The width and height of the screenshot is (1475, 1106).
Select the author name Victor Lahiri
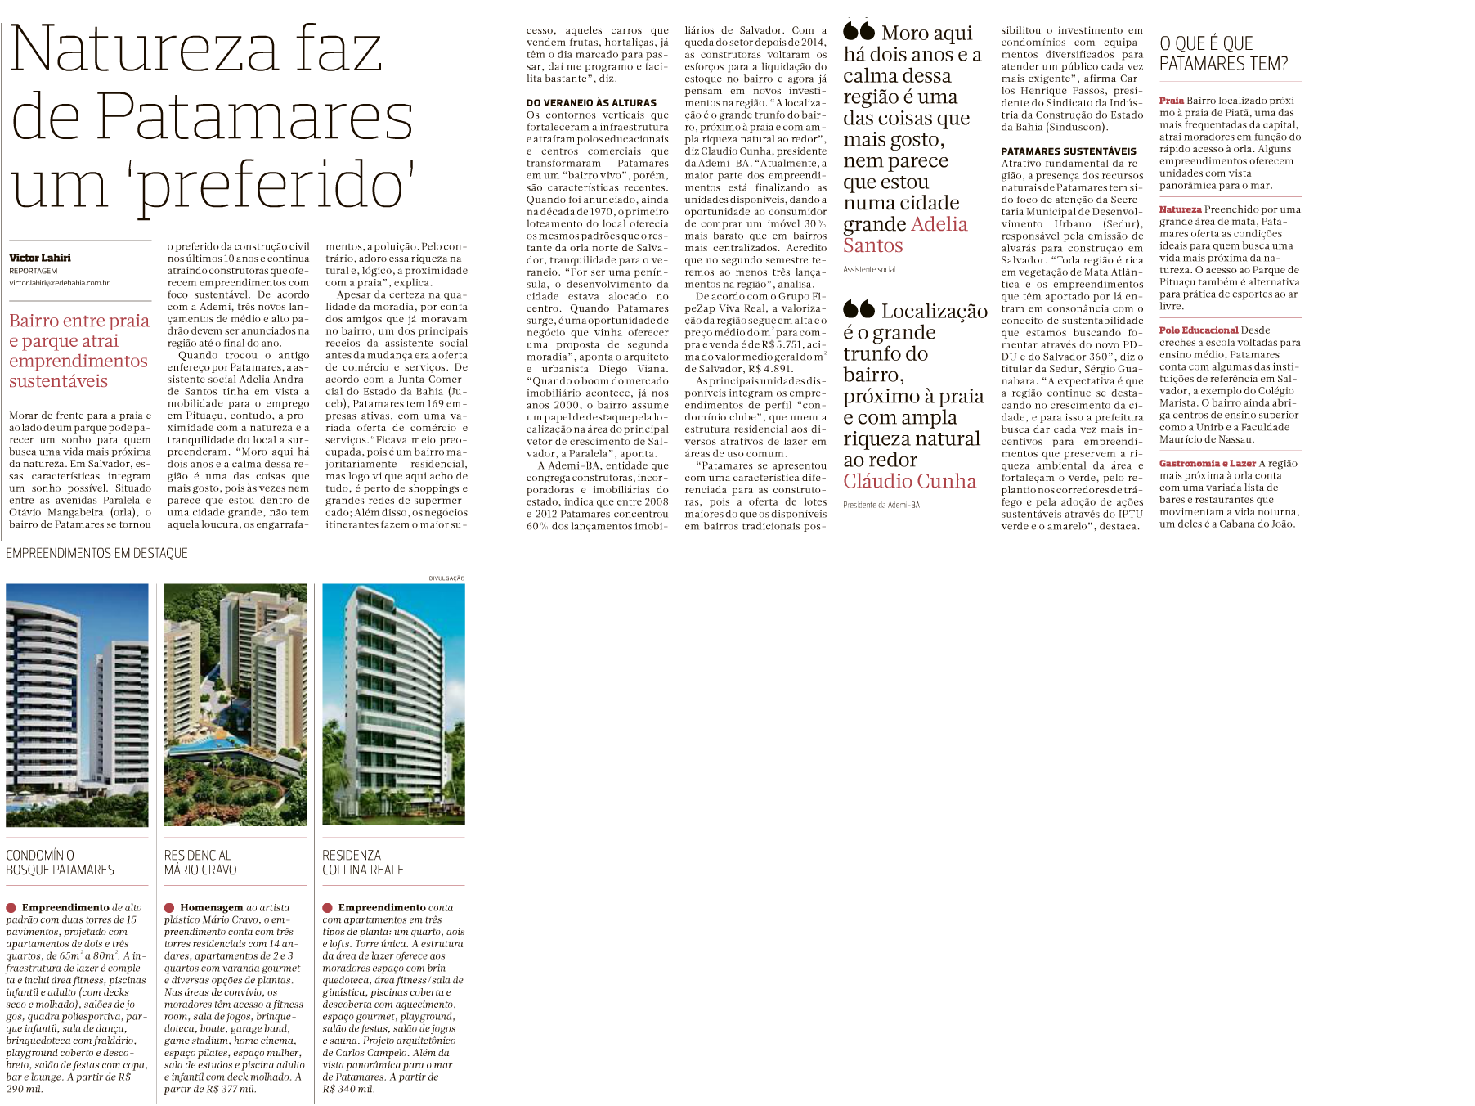[x=40, y=258]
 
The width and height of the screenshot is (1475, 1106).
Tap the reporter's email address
[x=59, y=283]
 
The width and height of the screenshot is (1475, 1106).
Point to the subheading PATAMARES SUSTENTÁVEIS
[x=1069, y=151]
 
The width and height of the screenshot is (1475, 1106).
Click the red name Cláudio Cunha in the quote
[x=909, y=481]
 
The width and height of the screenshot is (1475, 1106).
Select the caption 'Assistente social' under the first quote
[x=869, y=269]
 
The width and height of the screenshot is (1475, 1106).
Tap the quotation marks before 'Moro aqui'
[x=859, y=31]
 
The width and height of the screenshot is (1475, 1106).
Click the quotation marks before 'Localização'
[x=859, y=308]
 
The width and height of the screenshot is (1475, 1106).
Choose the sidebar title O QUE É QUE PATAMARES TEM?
[x=1223, y=54]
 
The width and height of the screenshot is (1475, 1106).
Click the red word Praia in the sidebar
[x=1171, y=101]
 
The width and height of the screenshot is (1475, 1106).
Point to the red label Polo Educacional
[x=1198, y=330]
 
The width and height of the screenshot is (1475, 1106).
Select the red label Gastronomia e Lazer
[x=1207, y=463]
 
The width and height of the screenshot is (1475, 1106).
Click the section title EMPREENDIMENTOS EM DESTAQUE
[x=96, y=554]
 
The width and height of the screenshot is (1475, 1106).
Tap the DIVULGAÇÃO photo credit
[x=446, y=578]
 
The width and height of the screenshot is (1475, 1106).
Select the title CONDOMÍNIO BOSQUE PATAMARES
[x=60, y=862]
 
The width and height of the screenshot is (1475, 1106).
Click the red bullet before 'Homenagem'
[x=169, y=908]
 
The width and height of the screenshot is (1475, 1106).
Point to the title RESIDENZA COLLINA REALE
[x=363, y=862]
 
